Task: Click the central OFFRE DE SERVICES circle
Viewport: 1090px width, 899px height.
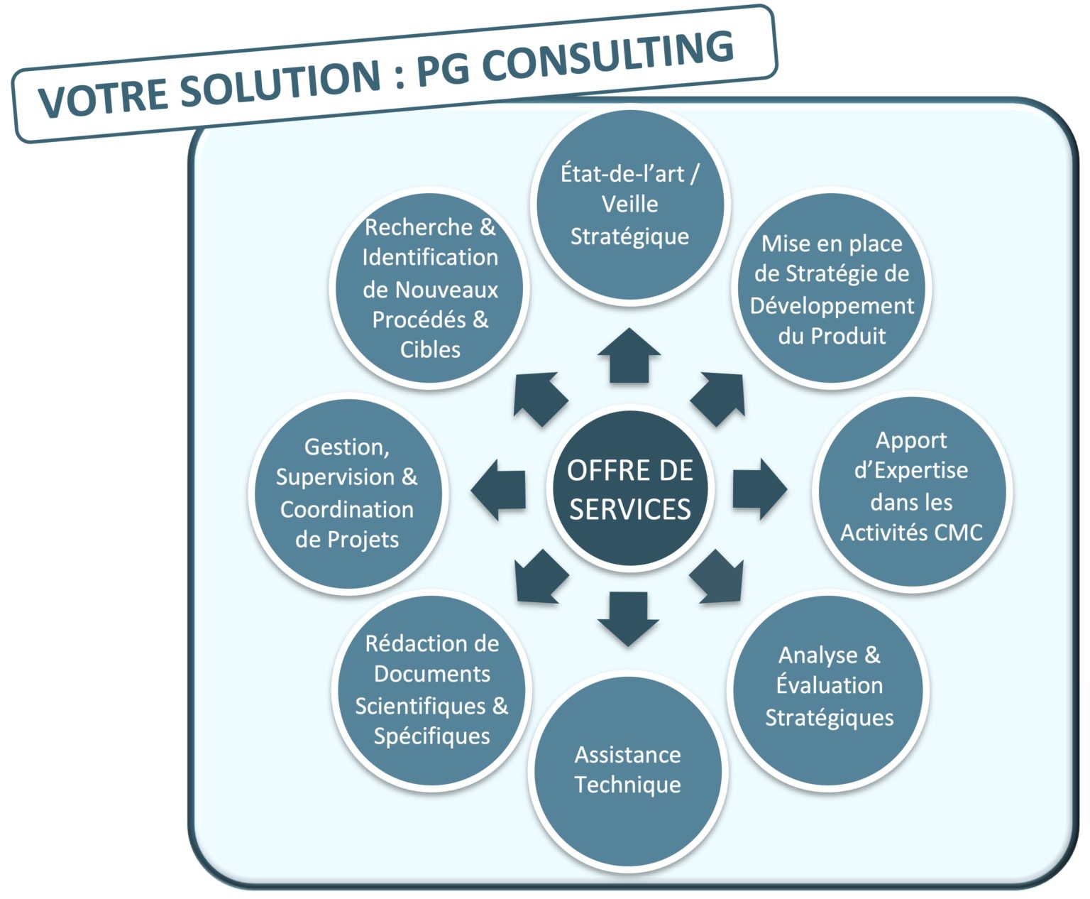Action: click(x=629, y=490)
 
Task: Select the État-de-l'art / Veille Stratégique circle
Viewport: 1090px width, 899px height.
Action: click(x=629, y=206)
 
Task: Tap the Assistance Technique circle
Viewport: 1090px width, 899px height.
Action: click(x=628, y=770)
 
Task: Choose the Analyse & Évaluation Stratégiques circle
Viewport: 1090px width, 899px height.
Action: click(x=829, y=687)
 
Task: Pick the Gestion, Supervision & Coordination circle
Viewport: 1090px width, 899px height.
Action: click(x=347, y=493)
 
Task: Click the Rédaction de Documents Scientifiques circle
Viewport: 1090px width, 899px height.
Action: click(x=431, y=690)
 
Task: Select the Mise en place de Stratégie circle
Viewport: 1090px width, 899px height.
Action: click(x=831, y=289)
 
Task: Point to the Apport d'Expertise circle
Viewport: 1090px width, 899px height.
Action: click(x=911, y=490)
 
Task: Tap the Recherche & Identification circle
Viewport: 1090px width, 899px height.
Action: click(x=430, y=288)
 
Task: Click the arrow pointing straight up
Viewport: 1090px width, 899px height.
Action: click(x=629, y=355)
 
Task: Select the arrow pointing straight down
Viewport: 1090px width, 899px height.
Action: click(x=629, y=619)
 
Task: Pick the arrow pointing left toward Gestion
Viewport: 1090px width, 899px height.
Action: click(x=499, y=489)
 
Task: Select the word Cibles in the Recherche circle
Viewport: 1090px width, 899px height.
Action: click(x=430, y=349)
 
